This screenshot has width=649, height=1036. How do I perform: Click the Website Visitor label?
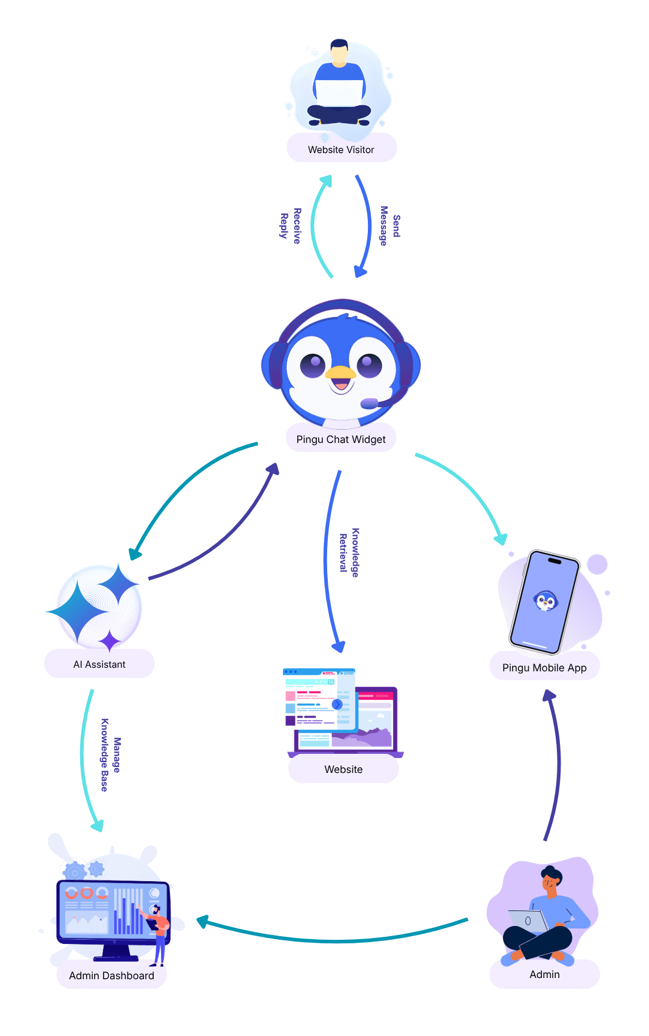coord(341,149)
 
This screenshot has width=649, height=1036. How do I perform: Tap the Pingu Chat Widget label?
coord(341,439)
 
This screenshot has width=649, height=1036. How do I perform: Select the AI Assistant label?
coord(99,664)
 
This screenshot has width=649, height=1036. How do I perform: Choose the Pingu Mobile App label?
coord(544,668)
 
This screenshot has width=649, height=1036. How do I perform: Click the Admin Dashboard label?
coord(111,976)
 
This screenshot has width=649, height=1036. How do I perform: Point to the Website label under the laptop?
coord(343,769)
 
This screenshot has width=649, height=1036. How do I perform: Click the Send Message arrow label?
coord(390,226)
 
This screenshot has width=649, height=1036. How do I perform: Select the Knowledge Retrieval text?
coord(349,552)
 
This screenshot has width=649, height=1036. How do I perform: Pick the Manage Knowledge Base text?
coord(111,755)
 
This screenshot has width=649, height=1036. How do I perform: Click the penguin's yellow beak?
coord(340,373)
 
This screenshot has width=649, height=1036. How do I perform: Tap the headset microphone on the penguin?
coord(370,404)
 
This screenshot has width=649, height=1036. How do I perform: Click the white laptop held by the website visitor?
coord(339,93)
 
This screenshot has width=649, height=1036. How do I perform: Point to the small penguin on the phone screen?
coord(546,600)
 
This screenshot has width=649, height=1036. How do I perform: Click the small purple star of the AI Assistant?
coord(110,640)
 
